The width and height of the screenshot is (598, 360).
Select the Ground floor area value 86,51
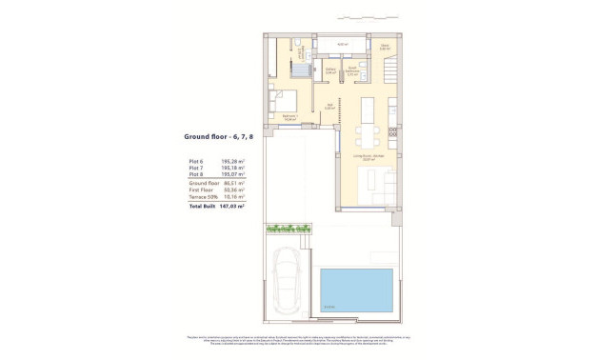233,184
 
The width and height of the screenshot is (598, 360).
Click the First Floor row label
199,190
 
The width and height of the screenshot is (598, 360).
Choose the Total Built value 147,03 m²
232,206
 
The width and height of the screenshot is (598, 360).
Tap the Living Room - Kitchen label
368,157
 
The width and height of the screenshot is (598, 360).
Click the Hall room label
329,107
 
